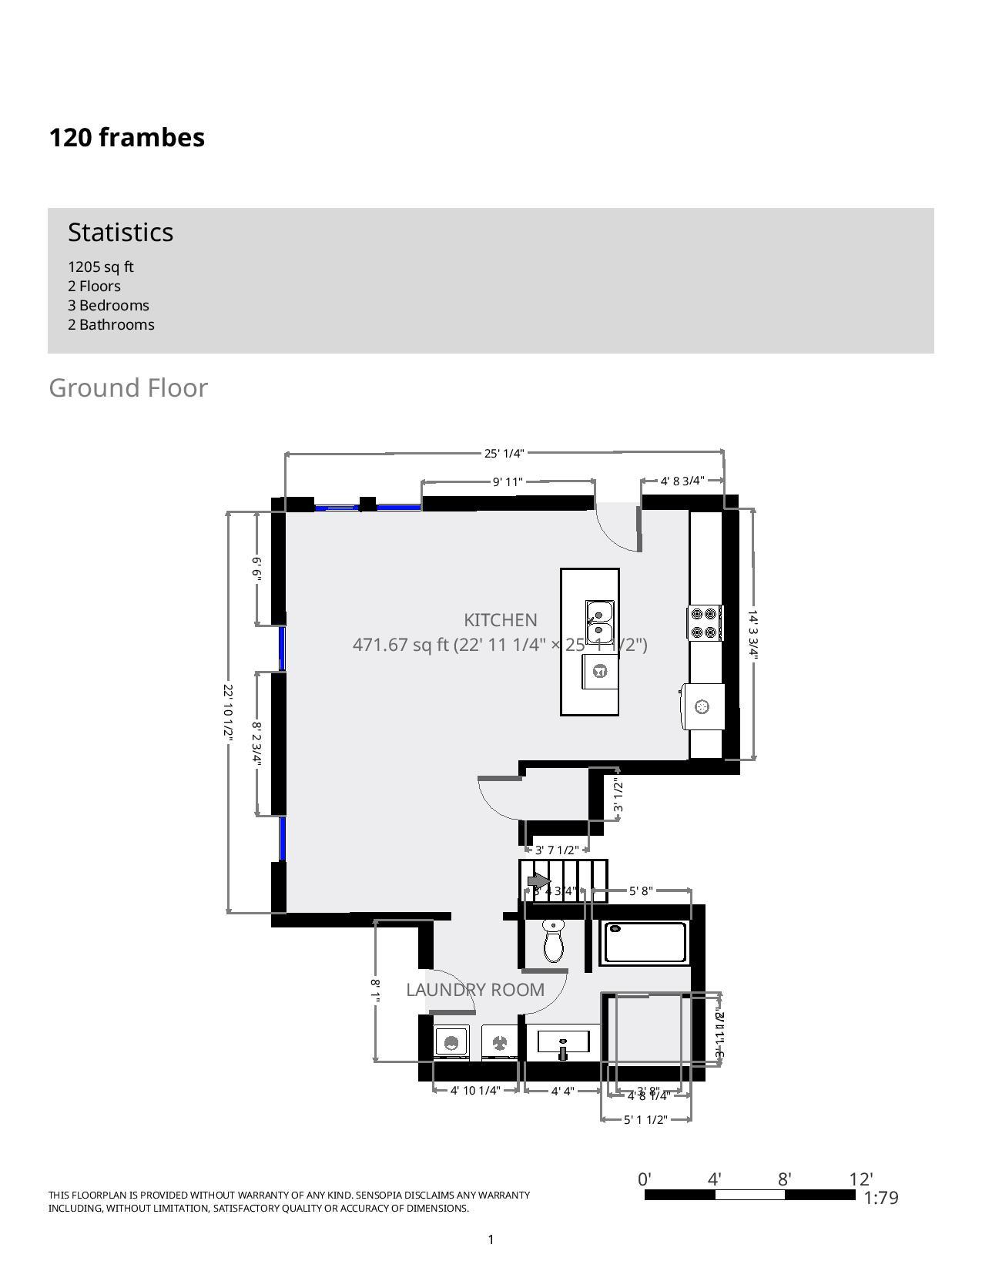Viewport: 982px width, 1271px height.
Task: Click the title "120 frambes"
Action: click(x=127, y=138)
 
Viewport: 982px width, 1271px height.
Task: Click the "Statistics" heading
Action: click(x=121, y=233)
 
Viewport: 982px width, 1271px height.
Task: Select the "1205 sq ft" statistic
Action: click(x=101, y=267)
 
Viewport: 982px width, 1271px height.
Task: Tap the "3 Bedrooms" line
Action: click(x=109, y=306)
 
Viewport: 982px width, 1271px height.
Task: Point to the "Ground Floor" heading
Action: click(x=129, y=388)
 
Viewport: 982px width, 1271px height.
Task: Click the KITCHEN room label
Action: click(x=501, y=620)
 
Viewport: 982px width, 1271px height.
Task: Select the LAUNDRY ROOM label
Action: click(x=475, y=990)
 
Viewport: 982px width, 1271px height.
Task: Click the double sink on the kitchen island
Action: click(x=600, y=622)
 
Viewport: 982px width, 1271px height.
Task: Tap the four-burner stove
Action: click(x=705, y=623)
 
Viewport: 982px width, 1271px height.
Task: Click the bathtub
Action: click(x=645, y=942)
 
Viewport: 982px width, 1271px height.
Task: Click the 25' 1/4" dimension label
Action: click(x=504, y=454)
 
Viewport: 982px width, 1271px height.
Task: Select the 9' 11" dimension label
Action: click(x=508, y=482)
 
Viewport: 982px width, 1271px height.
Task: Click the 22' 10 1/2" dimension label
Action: click(x=228, y=711)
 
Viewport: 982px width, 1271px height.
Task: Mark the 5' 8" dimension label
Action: click(x=641, y=891)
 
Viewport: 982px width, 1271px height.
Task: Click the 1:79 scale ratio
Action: click(x=881, y=1198)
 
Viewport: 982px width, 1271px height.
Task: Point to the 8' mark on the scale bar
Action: click(x=785, y=1180)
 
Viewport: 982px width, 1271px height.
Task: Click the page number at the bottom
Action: click(x=491, y=1239)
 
